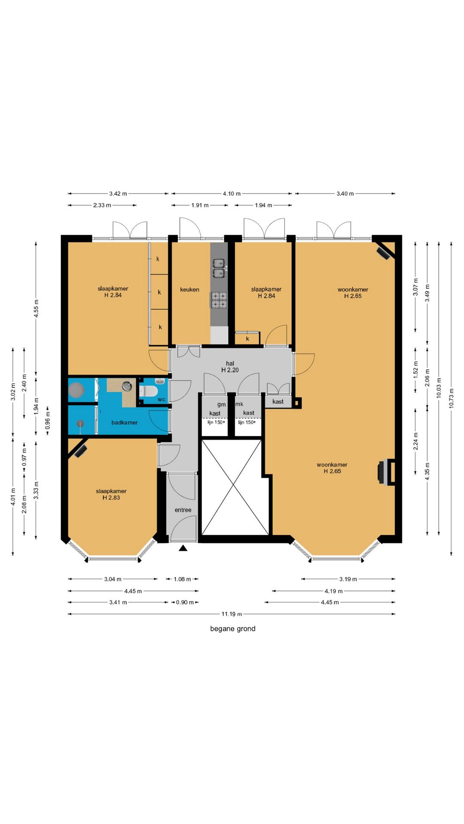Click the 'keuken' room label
tap(189, 290)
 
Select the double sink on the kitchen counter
tap(219, 268)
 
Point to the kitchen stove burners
tap(218, 300)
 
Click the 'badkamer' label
tap(125, 423)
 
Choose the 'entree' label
tap(183, 510)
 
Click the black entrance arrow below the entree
tap(183, 548)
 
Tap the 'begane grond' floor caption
tap(233, 629)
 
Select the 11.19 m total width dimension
tap(232, 614)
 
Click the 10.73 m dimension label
tap(451, 399)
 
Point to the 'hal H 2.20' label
tap(230, 367)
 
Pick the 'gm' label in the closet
tap(221, 405)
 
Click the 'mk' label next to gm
tap(239, 404)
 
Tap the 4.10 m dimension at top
tap(232, 194)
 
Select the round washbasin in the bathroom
tap(127, 386)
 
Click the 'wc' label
tap(162, 400)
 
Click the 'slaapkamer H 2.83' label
tap(111, 494)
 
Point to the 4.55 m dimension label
tap(36, 309)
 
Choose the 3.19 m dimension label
tap(348, 579)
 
